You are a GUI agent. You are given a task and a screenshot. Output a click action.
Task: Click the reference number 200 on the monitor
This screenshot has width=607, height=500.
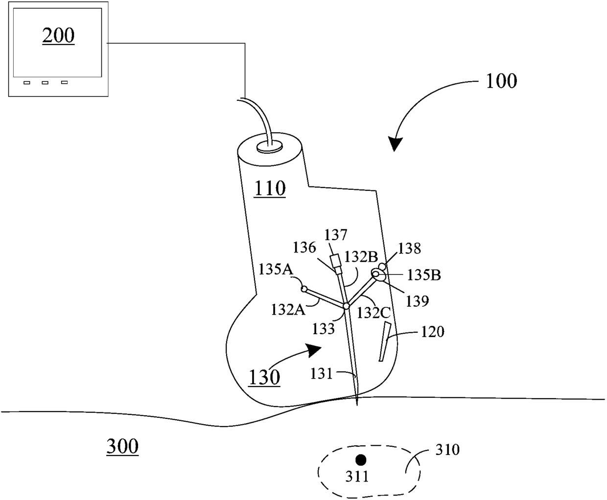pos(58,36)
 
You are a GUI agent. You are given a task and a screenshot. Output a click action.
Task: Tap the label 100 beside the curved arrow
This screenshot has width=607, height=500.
pos(501,81)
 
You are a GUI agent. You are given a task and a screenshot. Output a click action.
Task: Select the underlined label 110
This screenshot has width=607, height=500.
pos(270,188)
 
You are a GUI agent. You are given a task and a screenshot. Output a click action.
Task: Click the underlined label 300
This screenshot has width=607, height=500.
pos(122,446)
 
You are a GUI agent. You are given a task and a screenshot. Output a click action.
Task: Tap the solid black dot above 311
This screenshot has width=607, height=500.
pos(361,459)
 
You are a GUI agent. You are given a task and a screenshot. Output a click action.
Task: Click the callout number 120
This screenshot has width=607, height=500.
pos(432,332)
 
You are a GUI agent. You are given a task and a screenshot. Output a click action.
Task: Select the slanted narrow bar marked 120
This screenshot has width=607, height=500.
pos(384,342)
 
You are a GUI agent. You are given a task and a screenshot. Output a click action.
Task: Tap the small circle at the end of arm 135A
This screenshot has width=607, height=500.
pos(304,289)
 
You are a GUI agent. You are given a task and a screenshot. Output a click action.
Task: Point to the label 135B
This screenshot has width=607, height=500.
pos(424,275)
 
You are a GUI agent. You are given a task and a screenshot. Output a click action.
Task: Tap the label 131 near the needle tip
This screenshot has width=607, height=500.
pos(321,374)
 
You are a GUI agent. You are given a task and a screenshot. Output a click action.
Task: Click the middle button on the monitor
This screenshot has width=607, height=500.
pos(45,83)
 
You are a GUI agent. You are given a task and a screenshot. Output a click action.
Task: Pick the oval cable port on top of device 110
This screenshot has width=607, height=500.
pos(270,145)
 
